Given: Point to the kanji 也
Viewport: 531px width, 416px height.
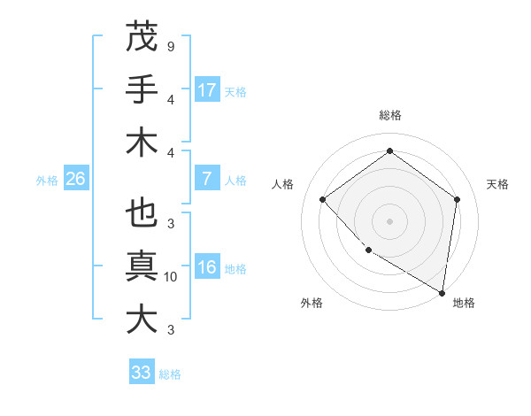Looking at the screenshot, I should point(142,214).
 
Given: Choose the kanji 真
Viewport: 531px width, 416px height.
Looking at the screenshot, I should point(142,266).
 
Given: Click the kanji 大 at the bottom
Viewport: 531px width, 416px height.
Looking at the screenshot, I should point(142,319).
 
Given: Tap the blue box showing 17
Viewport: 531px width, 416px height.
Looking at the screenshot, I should point(207,90).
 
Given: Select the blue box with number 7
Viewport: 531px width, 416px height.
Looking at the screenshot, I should point(207,179).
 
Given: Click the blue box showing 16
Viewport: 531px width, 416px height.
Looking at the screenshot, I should point(207,268).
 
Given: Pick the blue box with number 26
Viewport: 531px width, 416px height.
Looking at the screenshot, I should point(75,179).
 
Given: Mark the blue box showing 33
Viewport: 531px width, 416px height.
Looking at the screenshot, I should point(142,373).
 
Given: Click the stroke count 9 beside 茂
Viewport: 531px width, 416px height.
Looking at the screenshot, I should point(170,46).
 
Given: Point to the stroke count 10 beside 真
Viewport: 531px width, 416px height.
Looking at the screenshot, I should point(171,277).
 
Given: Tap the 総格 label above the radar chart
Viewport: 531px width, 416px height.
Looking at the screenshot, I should point(390,115).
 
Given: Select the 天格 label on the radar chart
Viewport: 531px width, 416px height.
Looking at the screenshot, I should point(498,184).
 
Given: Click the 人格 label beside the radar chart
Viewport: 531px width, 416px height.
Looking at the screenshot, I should point(283,184).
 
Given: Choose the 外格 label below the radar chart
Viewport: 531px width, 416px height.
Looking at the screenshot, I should point(312,303).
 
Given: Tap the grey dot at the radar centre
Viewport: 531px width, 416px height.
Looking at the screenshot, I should point(390,220).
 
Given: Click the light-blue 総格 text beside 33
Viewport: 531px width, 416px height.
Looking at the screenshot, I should point(170,374).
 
